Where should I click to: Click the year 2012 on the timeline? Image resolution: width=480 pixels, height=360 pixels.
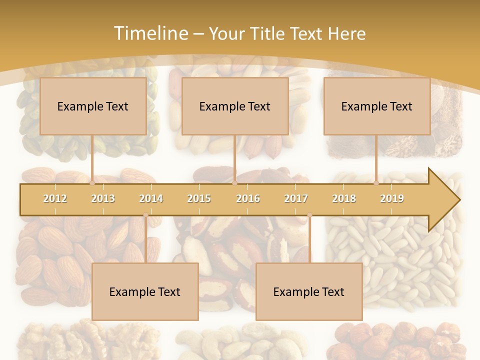[x=55, y=198]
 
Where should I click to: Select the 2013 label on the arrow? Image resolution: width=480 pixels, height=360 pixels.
[x=103, y=198]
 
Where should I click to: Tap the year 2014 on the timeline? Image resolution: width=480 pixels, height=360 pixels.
[x=151, y=198]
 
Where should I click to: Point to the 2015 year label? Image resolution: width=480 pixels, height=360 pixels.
[x=199, y=198]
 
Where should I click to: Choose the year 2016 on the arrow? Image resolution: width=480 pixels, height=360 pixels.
[x=248, y=198]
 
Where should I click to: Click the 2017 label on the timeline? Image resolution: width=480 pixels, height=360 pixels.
[x=296, y=198]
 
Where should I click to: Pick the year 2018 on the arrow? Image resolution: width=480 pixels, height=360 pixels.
[x=344, y=198]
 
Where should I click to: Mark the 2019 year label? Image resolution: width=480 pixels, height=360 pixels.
[x=392, y=198]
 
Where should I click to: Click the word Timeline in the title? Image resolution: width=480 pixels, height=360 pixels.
[x=150, y=33]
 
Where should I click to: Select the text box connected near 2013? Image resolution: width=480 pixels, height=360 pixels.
[x=93, y=106]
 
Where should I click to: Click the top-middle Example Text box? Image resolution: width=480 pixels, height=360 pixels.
[x=235, y=106]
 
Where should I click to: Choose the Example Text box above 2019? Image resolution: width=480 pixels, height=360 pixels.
[x=377, y=106]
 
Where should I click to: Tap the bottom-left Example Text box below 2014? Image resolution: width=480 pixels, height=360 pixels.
[x=145, y=291]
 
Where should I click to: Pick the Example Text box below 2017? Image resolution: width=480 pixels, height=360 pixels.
[x=309, y=291]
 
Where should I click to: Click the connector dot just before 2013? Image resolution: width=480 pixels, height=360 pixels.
[x=92, y=183]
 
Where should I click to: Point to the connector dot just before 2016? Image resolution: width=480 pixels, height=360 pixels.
[x=234, y=183]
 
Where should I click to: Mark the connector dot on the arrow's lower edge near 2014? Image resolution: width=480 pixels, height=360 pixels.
[x=145, y=215]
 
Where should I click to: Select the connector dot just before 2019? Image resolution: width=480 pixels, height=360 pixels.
[x=376, y=183]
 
